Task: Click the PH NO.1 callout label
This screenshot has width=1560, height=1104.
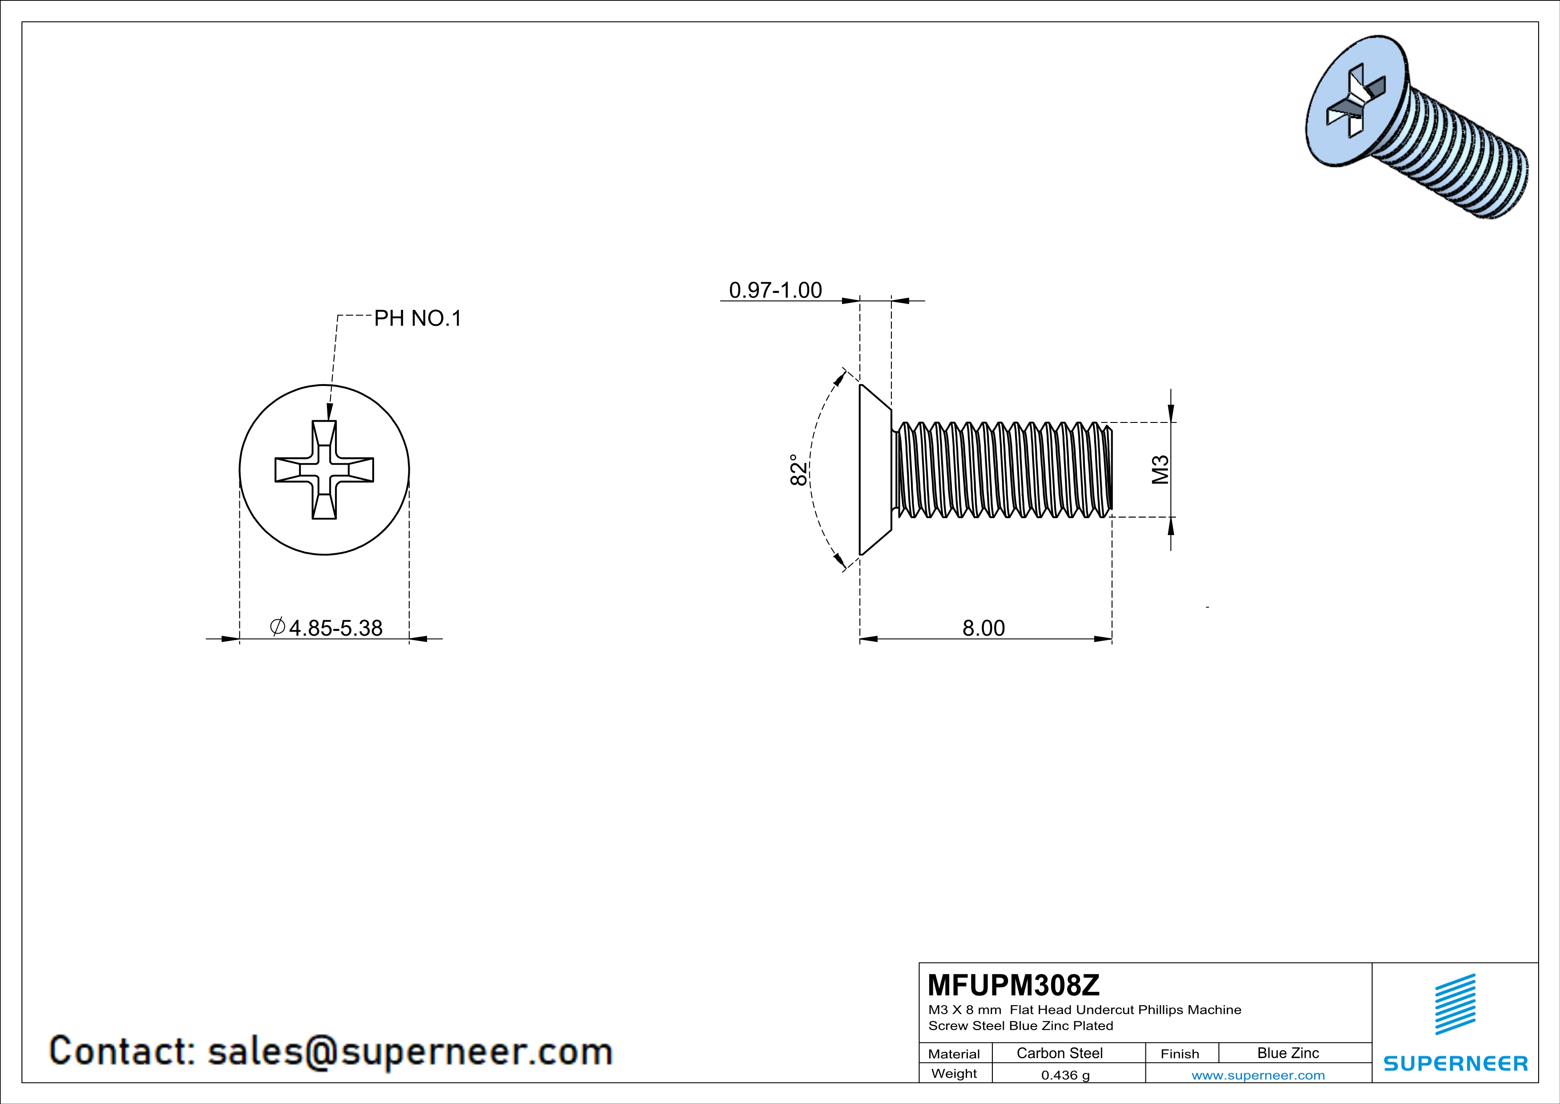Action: coord(417,318)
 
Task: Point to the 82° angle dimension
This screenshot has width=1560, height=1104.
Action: coord(798,469)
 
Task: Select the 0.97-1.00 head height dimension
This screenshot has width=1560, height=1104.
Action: coord(775,290)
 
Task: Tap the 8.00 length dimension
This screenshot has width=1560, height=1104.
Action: coord(983,628)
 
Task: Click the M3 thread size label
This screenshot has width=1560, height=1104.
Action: coord(1161,469)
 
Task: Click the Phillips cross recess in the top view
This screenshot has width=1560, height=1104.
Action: coord(324,470)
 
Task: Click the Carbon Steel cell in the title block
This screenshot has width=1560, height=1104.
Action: coord(1059,1053)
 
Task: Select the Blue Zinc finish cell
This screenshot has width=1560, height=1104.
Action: coord(1287,1053)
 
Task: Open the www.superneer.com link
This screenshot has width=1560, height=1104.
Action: coord(1258,1075)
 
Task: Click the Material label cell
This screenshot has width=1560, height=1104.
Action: coord(954,1054)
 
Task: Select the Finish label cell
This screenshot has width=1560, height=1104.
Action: coord(1180,1054)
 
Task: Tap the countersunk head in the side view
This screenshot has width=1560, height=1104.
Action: coord(873,469)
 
